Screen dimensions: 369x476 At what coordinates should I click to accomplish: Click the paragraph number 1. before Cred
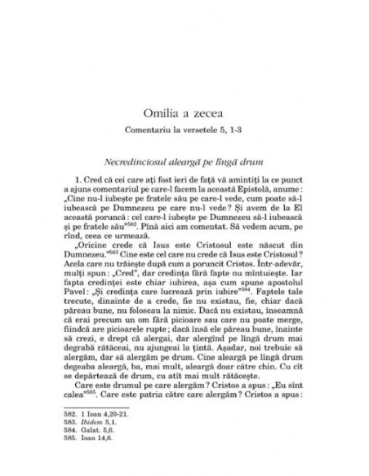99,200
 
